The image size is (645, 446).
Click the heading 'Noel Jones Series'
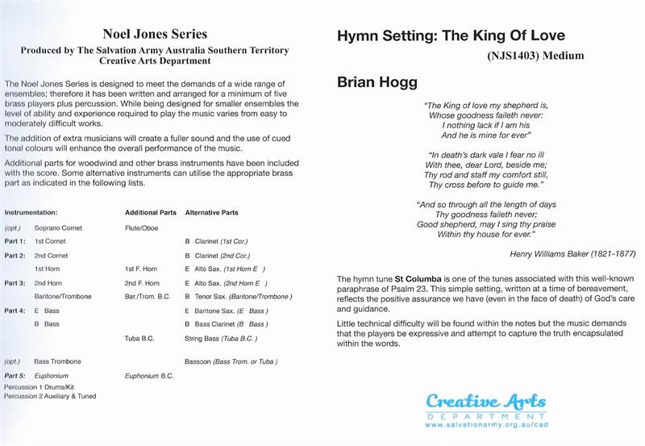(155, 34)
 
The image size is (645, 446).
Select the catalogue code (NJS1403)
(516, 56)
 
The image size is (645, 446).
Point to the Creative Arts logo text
(485, 402)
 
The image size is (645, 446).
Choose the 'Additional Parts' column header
(151, 212)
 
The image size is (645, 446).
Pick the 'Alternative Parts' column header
(211, 212)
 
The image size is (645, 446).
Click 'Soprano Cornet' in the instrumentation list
(58, 228)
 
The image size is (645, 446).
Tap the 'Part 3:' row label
(15, 282)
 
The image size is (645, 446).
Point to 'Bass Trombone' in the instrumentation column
(57, 361)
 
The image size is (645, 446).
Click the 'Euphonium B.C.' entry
(149, 376)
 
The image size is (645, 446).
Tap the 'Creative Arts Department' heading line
(155, 61)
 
